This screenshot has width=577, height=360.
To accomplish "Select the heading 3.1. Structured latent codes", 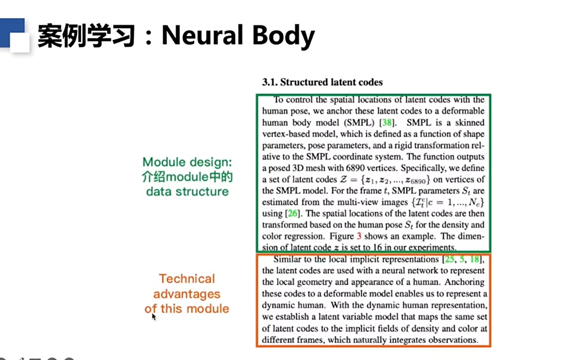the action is pos(322,82).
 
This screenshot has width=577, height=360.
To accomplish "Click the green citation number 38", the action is pos(387,123).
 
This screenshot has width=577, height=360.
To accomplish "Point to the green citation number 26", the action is pos(292,214).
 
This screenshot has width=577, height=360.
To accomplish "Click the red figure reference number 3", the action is pos(359,236).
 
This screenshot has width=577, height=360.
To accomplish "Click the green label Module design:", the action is pos(187,162).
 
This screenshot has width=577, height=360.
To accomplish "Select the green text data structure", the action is pos(187,192).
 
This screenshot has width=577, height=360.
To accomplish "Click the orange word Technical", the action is pos(187,279).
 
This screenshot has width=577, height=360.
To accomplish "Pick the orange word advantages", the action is pos(187,294).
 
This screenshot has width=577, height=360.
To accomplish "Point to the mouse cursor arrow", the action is pos(153,317).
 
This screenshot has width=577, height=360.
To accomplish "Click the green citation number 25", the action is pos(449,259).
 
